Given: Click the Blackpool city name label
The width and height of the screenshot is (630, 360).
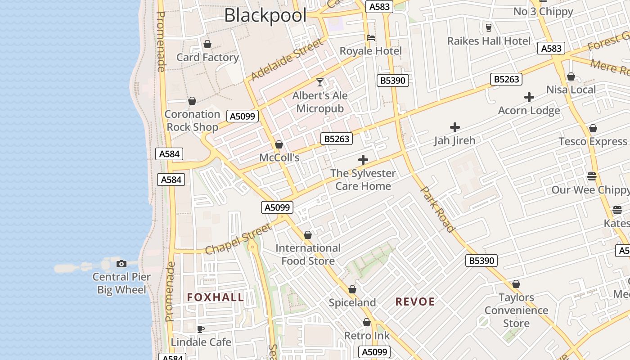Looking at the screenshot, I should tap(265, 15).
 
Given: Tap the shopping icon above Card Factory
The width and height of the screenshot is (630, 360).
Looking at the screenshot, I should tap(207, 44).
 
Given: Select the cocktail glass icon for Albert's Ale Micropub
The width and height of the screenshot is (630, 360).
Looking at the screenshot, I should tap(320, 82).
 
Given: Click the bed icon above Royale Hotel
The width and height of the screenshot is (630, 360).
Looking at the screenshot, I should tap(371, 38).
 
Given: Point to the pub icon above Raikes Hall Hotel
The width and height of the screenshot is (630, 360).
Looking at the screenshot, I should tap(489, 28).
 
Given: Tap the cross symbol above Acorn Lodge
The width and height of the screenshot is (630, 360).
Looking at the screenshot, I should tap(529, 97).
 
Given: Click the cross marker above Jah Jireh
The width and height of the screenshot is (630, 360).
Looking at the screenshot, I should tap(455, 127).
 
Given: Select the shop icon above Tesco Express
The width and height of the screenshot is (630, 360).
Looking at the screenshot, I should tap(593, 128).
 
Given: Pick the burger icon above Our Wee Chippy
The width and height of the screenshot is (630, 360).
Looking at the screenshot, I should tap(592, 176).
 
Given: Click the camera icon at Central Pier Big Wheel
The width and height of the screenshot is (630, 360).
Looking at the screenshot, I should tap(121, 264).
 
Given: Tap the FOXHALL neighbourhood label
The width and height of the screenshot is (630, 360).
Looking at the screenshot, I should tap(216, 297).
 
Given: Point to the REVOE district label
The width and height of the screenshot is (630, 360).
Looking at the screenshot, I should tap(415, 301).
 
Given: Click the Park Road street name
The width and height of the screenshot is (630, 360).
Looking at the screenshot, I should tap(437, 209).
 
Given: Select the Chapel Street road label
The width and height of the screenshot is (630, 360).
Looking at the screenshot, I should tap(238, 238).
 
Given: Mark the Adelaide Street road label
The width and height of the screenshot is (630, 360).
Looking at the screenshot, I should tap(287, 59).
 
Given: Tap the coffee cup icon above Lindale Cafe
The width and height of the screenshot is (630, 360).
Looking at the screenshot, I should tap(201, 329).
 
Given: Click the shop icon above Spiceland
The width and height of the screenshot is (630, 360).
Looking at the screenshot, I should tap(352, 289).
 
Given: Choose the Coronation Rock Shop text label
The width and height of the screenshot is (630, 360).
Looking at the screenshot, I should tap(192, 121).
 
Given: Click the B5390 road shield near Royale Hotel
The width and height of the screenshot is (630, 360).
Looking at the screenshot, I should tap(393, 81).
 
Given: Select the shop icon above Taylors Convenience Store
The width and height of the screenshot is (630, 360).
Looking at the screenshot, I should tap(516, 284).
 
